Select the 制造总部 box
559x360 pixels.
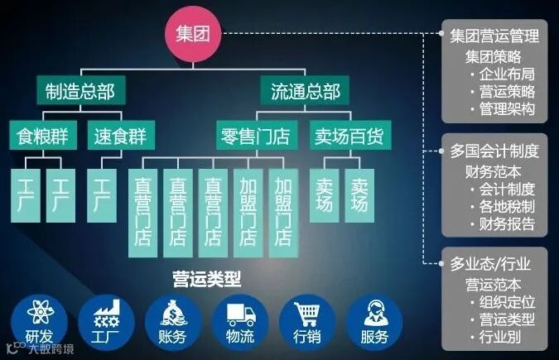click(80, 91)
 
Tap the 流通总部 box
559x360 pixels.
click(306, 91)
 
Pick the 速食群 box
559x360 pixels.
click(117, 136)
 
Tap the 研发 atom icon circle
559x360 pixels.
click(38, 318)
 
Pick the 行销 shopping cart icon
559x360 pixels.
click(305, 318)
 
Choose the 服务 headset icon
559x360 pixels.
click(373, 318)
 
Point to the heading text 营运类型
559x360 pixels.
click(203, 274)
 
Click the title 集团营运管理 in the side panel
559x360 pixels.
click(494, 36)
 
